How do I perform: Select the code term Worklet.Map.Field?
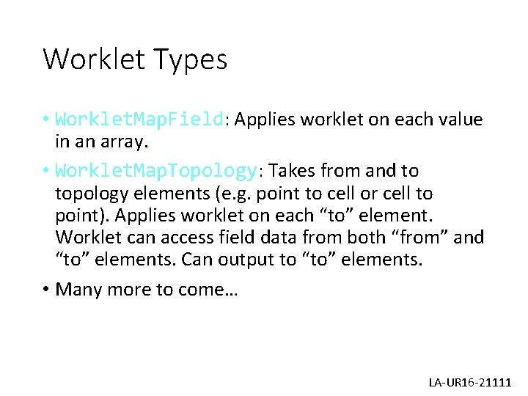click(139, 119)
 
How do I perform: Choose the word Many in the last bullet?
click(78, 289)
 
